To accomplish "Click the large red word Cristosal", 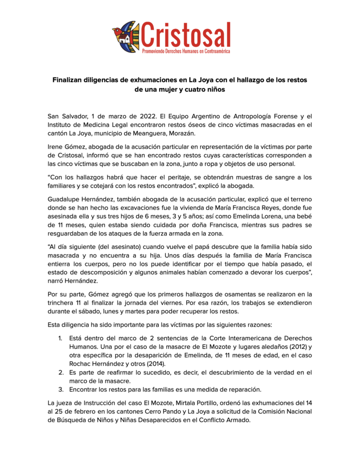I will pos(186,33).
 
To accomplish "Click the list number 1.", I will pos(60,339).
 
